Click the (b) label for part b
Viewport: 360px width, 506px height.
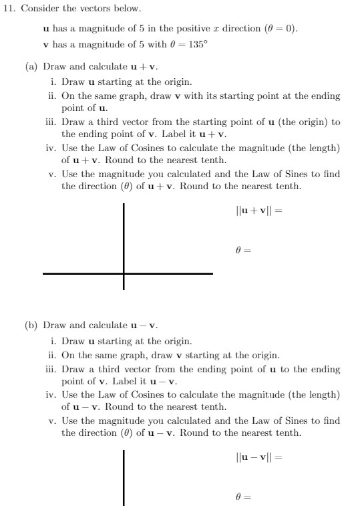[31, 326]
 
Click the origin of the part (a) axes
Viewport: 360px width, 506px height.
[124, 273]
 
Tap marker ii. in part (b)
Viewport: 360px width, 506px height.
[52, 355]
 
